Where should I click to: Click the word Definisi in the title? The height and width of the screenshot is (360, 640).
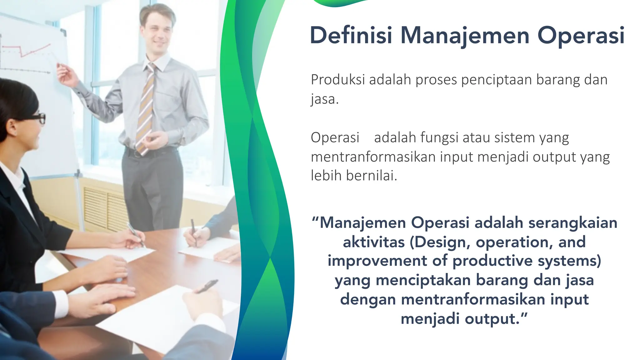point(351,35)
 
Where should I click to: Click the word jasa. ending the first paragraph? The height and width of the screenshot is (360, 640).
point(325,99)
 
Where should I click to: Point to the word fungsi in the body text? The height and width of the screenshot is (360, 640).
point(439,138)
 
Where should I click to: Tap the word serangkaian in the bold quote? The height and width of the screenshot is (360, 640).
point(573,223)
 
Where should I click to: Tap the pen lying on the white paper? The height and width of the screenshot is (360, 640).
point(206,286)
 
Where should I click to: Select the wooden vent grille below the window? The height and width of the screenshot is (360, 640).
point(103,206)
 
